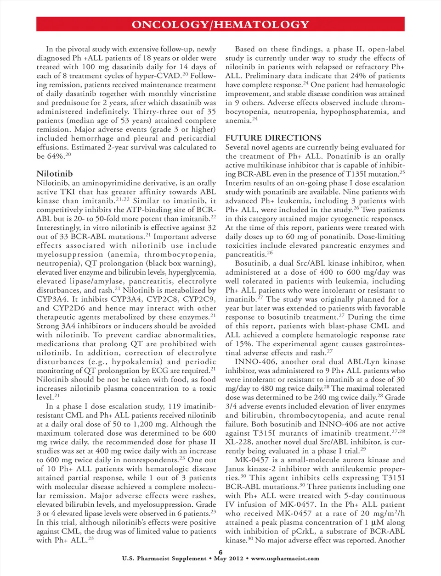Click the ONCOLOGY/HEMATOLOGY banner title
220,24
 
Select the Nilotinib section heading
55,173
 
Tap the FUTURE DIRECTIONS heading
273,138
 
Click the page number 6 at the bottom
220,552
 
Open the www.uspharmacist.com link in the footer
285,559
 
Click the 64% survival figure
56,156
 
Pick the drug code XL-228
238,442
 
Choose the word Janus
236,469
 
